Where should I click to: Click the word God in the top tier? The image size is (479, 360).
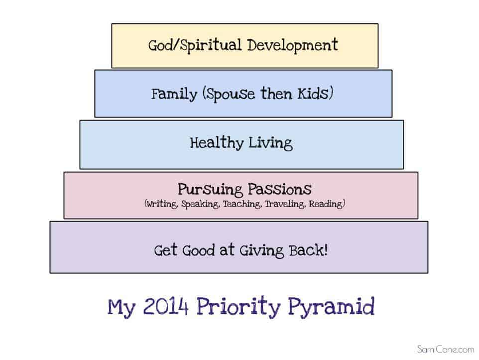coord(160,45)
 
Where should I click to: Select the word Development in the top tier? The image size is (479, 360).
coord(293,45)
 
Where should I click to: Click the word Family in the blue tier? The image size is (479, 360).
coord(174,94)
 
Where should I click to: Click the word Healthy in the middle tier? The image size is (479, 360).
coord(217,143)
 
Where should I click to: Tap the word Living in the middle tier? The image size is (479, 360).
coord(270,143)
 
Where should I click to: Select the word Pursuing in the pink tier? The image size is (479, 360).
coord(210,190)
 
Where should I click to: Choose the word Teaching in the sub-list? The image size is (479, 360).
coord(242,204)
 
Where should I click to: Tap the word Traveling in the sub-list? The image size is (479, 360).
coord(285,204)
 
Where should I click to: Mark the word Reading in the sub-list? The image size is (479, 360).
coord(326,204)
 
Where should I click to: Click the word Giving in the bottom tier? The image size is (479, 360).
coord(262,251)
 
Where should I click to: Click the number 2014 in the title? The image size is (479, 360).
coord(166,306)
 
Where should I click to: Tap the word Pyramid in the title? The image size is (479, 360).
coord(331,307)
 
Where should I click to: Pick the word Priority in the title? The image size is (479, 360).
coord(239,307)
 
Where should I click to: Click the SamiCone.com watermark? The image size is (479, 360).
coord(446,349)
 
